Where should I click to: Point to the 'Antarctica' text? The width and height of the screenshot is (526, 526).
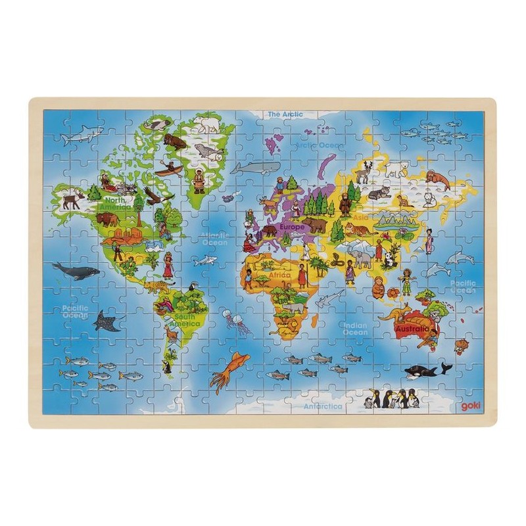pos(323,406)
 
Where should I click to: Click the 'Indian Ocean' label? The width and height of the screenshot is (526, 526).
pos(354,328)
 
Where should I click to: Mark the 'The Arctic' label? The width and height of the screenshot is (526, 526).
pos(285,114)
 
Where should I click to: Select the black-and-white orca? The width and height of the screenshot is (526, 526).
pos(425,370)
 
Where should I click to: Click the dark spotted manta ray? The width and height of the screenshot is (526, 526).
pos(108,321)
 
